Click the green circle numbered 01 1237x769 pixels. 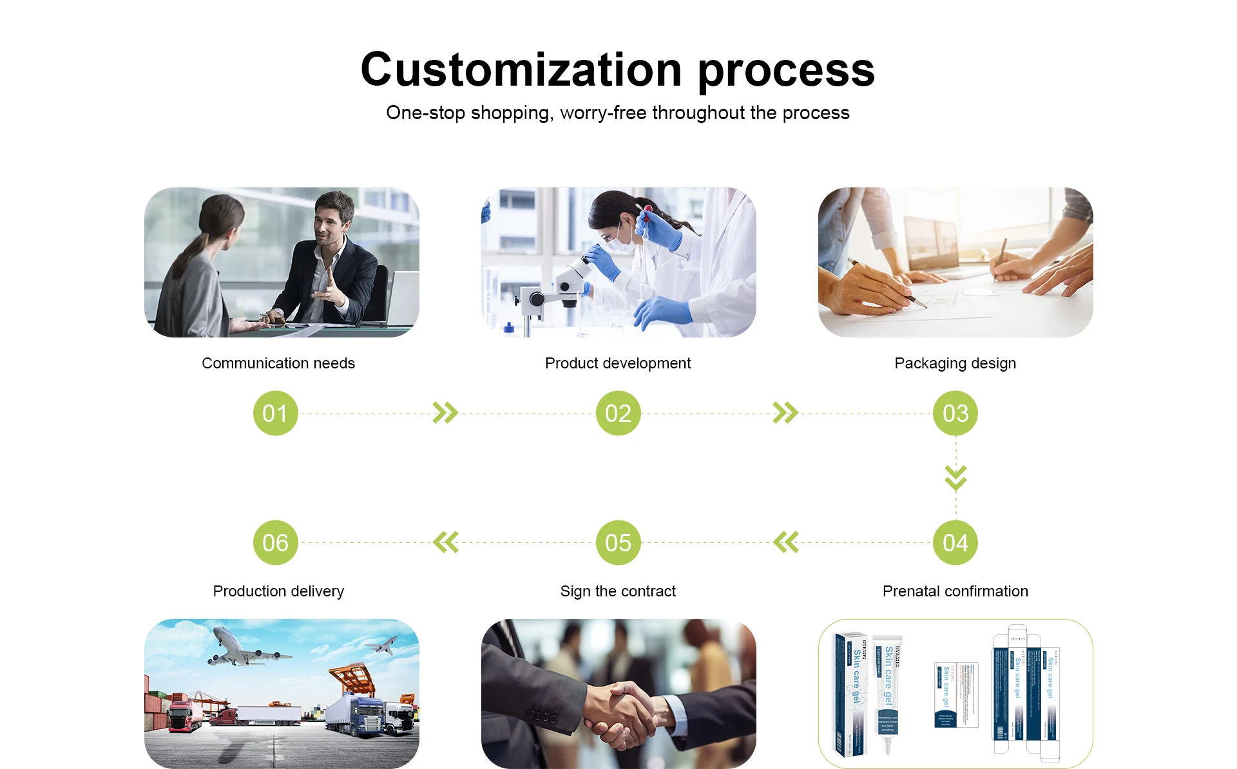pyautogui.click(x=275, y=413)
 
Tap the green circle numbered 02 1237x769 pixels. pyautogui.click(x=618, y=413)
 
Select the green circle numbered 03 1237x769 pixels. pyautogui.click(x=955, y=413)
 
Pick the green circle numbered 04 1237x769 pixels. pyautogui.click(x=955, y=542)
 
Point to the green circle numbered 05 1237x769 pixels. pyautogui.click(x=618, y=542)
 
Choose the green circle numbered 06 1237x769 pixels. pyautogui.click(x=275, y=542)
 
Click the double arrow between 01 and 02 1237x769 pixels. pyautogui.click(x=445, y=413)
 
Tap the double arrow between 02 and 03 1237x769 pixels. pyautogui.click(x=785, y=413)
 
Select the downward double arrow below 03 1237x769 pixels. pyautogui.click(x=955, y=477)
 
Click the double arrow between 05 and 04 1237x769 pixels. pyautogui.click(x=785, y=542)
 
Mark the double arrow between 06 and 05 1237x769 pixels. pyautogui.click(x=445, y=542)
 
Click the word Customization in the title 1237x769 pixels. pyautogui.click(x=521, y=70)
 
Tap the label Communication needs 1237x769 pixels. pyautogui.click(x=278, y=363)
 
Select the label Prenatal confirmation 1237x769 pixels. pyautogui.click(x=955, y=591)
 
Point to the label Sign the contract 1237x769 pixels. pyautogui.click(x=618, y=591)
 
